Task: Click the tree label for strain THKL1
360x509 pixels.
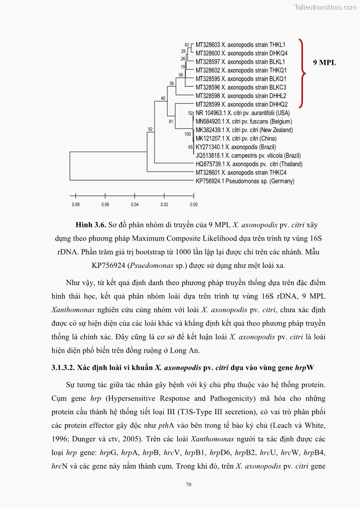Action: click(240, 45)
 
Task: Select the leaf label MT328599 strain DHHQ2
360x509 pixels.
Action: click(241, 104)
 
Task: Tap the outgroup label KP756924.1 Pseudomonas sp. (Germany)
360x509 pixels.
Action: click(245, 181)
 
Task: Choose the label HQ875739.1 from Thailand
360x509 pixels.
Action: click(249, 164)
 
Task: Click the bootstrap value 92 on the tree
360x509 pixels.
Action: click(151, 130)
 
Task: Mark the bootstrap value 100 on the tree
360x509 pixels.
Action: click(187, 134)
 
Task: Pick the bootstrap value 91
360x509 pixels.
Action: click(171, 121)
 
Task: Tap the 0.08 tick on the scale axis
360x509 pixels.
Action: click(76, 204)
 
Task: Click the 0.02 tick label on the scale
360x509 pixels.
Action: click(164, 204)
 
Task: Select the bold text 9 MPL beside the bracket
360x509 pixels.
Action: click(325, 63)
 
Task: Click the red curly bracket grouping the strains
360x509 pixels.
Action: click(302, 73)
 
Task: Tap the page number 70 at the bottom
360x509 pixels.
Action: click(189, 485)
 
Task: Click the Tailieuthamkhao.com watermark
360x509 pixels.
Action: click(325, 7)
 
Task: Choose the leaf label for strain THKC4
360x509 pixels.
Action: click(241, 173)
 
